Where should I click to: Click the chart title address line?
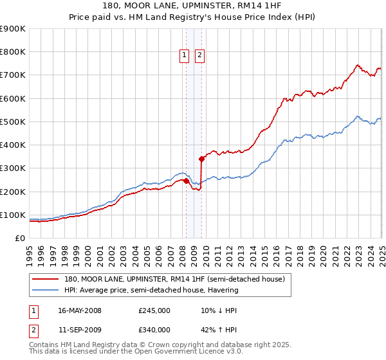(192, 5)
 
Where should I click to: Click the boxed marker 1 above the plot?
(184, 56)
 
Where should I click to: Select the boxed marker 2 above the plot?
(200, 56)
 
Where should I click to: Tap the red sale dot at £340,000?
(201, 158)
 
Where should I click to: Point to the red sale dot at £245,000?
(186, 181)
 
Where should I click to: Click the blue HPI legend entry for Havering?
(151, 290)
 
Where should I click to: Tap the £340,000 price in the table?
(154, 330)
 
